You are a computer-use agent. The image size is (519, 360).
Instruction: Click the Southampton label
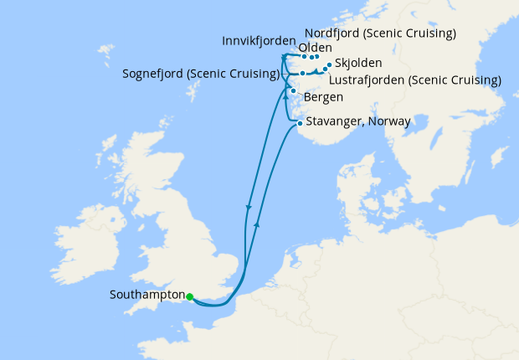tap(147, 296)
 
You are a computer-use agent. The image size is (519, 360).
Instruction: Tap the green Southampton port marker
tap(190, 296)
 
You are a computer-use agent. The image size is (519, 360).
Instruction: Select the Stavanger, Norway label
tap(358, 121)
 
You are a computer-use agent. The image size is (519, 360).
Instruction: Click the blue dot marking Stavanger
tap(300, 123)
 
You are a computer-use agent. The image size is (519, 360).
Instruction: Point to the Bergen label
tap(323, 98)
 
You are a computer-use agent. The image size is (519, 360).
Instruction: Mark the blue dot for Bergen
tap(293, 90)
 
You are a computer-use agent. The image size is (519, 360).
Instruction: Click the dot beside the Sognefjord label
tap(303, 74)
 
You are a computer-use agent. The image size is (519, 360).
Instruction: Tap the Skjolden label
tap(358, 63)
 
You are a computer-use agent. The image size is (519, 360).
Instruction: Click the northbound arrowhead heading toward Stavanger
tap(258, 224)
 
